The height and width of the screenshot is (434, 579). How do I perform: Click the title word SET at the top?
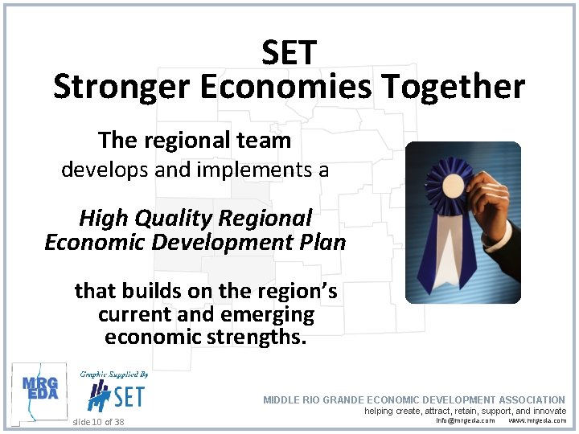[289, 53]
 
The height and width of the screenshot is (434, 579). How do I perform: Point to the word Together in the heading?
[453, 87]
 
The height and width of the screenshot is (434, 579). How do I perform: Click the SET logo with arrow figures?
[116, 395]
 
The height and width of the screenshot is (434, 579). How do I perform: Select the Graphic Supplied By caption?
[113, 375]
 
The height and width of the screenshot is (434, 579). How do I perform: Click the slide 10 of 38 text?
[98, 422]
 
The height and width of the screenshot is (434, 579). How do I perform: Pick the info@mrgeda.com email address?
[465, 420]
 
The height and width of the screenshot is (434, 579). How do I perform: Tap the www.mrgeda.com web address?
[537, 420]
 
